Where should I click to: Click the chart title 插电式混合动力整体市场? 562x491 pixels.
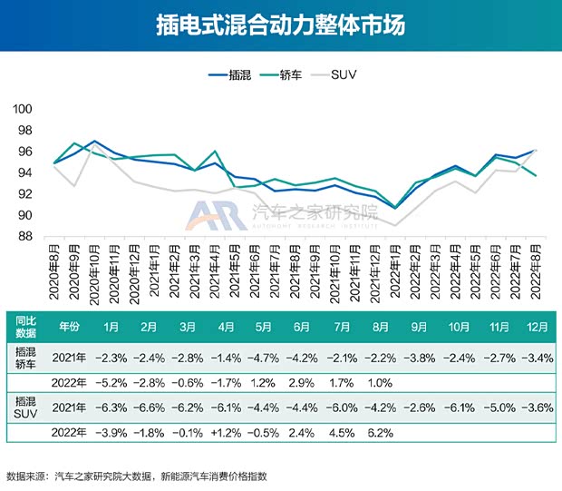[281, 25]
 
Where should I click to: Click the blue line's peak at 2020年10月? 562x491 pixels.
[94, 142]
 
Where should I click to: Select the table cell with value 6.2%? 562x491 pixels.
[380, 432]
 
